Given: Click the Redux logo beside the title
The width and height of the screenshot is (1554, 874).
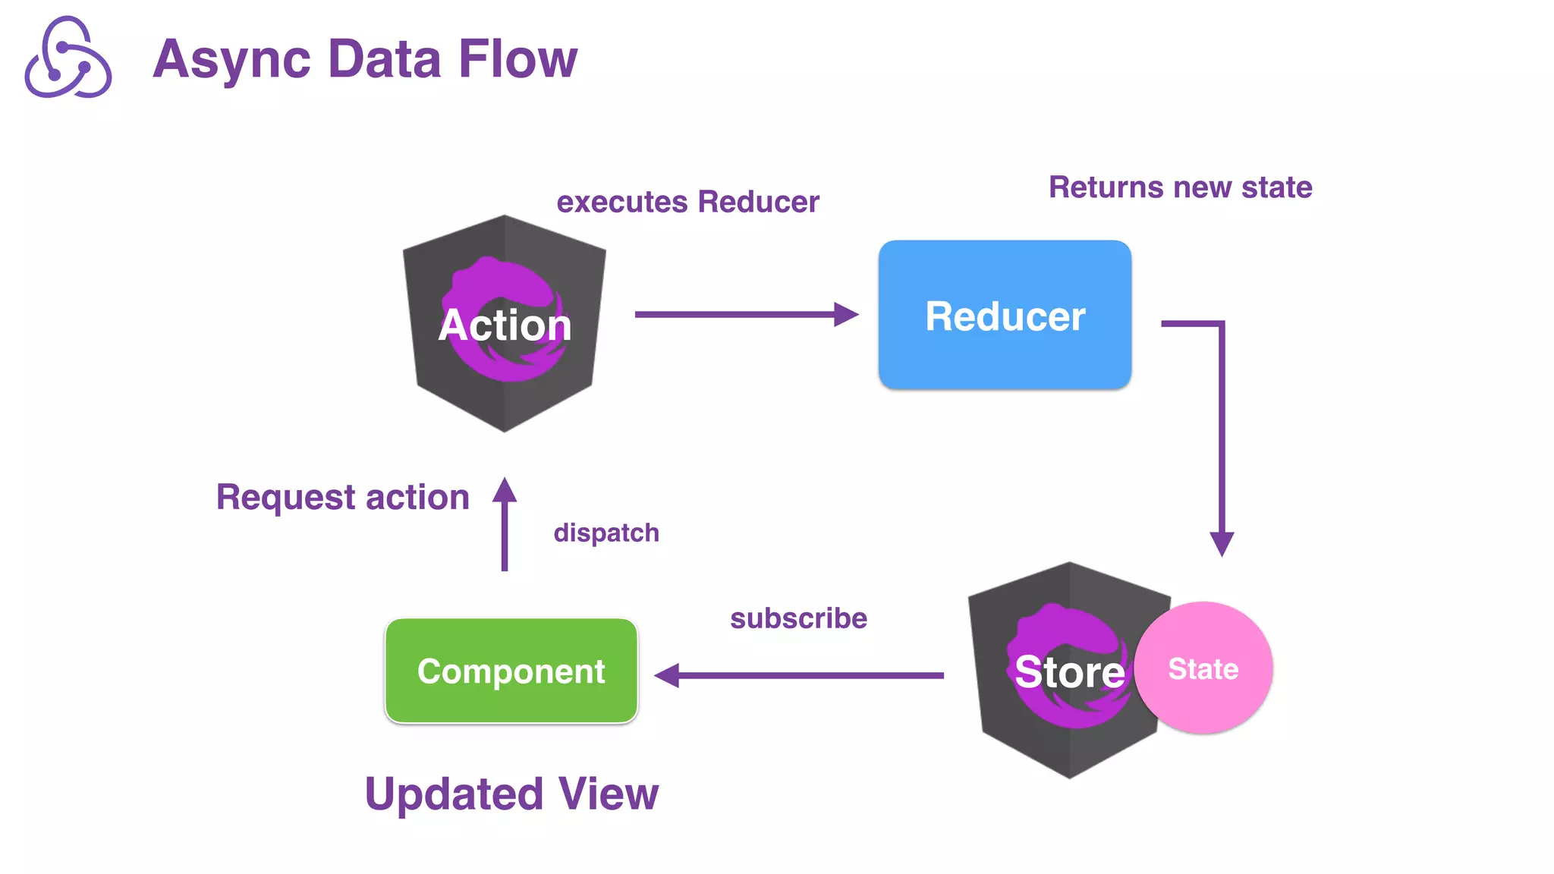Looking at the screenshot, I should [68, 58].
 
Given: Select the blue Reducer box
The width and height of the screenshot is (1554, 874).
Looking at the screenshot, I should [1005, 315].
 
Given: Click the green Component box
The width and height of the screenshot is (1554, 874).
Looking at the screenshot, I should [511, 671].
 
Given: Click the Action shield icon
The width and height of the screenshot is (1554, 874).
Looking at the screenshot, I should [504, 323].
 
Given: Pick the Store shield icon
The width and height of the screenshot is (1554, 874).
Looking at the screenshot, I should [1062, 671].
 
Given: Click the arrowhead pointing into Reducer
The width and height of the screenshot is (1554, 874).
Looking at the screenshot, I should [846, 314].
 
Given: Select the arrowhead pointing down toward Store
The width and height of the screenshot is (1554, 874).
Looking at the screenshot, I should [1222, 543].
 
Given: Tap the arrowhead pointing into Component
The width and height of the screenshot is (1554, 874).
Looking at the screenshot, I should [667, 675].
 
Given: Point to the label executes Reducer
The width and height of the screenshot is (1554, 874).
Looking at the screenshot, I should [687, 202].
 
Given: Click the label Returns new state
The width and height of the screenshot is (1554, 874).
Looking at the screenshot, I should [1180, 187].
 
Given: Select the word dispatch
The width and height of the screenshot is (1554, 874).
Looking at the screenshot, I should [606, 533].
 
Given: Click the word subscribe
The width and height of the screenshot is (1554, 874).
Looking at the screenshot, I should [798, 618].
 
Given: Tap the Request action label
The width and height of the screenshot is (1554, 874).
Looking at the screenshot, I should [342, 498].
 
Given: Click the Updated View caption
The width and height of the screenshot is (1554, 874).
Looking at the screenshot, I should [511, 794].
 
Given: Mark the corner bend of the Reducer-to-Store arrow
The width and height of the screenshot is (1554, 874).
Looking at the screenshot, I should [1222, 324].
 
